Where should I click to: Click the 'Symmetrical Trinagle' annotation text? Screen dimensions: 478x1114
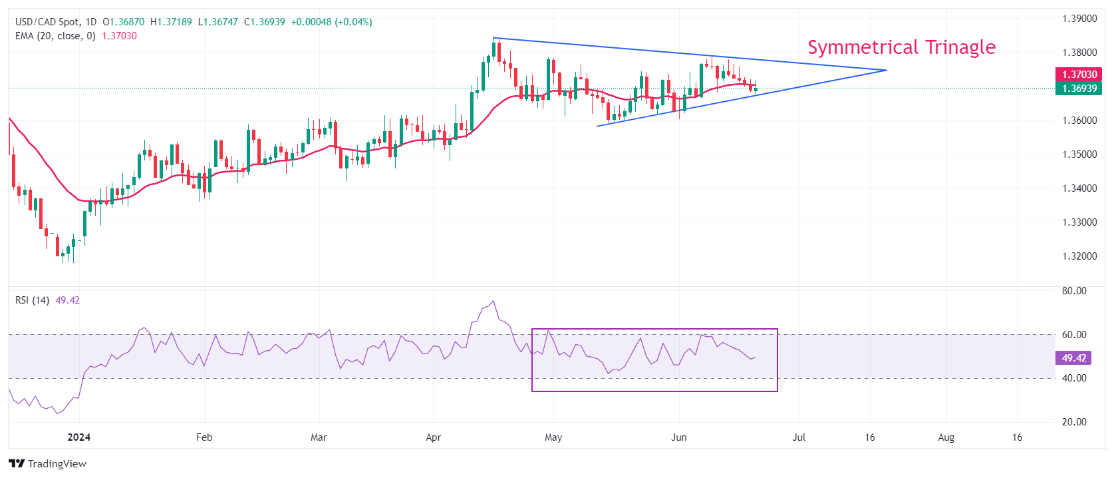point(901,47)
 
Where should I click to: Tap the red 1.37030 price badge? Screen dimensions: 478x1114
point(1078,75)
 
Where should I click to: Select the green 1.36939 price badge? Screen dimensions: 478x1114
point(1078,89)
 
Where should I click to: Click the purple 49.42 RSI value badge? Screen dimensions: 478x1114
point(1073,358)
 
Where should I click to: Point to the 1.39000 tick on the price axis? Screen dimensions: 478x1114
point(1079,19)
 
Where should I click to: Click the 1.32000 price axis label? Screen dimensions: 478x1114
point(1079,256)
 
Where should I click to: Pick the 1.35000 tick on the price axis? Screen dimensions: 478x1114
point(1079,154)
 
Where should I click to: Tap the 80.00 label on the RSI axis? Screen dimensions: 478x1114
point(1074,291)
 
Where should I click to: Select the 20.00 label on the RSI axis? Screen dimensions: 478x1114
point(1074,422)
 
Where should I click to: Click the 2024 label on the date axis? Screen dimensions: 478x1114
point(79,437)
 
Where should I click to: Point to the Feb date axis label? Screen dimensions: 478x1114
point(204,437)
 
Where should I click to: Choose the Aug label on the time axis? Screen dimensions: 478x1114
point(946,437)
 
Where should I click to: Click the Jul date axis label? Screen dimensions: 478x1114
point(799,437)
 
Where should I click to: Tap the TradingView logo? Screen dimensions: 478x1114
point(48,464)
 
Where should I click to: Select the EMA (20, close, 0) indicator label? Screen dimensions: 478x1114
point(55,36)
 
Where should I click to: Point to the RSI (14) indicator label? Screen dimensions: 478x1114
point(32,300)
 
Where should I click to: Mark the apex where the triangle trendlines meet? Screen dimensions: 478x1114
point(887,70)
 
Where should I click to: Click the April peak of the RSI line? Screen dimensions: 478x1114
point(493,302)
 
